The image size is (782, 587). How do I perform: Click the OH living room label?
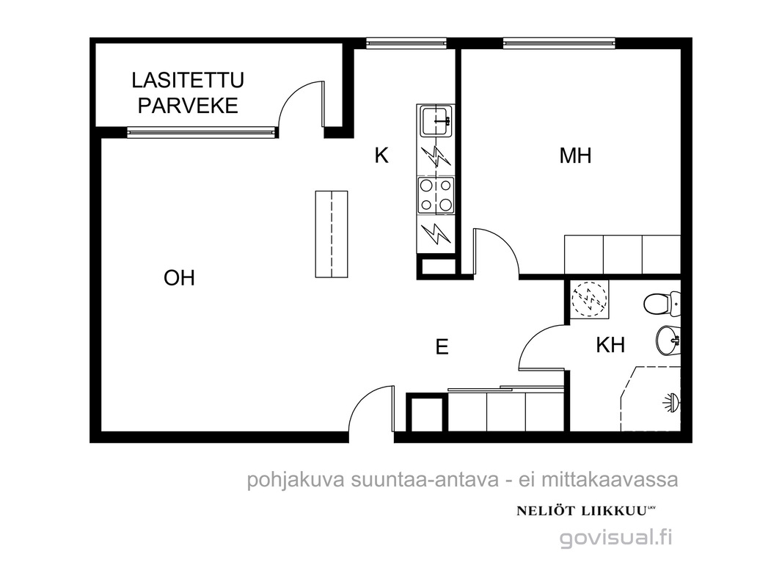pyautogui.click(x=179, y=278)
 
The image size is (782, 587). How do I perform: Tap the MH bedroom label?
pyautogui.click(x=576, y=156)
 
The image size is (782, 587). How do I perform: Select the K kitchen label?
pyautogui.click(x=381, y=156)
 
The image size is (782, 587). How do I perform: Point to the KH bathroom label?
pyautogui.click(x=610, y=345)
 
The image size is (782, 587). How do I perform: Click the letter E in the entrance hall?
pyautogui.click(x=442, y=346)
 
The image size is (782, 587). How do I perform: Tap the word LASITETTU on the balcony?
pyautogui.click(x=188, y=80)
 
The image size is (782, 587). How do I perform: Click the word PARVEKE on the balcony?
pyautogui.click(x=188, y=106)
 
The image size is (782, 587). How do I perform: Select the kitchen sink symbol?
pyautogui.click(x=436, y=120)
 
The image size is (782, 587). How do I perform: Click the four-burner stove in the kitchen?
pyautogui.click(x=436, y=195)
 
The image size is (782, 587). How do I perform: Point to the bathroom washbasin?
pyautogui.click(x=668, y=340)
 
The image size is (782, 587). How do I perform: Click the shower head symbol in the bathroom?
pyautogui.click(x=671, y=403)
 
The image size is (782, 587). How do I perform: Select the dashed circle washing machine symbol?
pyautogui.click(x=590, y=298)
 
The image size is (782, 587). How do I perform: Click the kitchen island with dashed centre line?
pyautogui.click(x=331, y=233)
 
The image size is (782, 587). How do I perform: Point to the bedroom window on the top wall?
pyautogui.click(x=558, y=43)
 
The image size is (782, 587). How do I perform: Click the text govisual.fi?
pyautogui.click(x=616, y=538)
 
